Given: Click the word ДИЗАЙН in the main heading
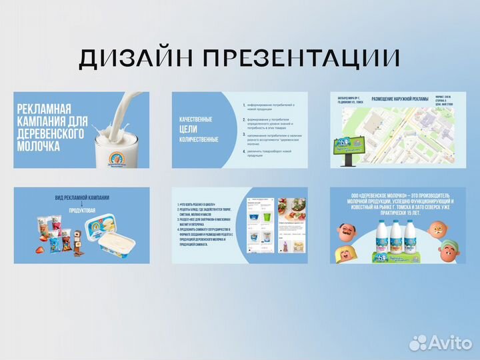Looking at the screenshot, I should coord(133,59).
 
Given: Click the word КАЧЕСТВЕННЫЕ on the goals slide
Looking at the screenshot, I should coord(195,119).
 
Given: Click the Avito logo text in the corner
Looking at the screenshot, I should coord(447,343).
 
